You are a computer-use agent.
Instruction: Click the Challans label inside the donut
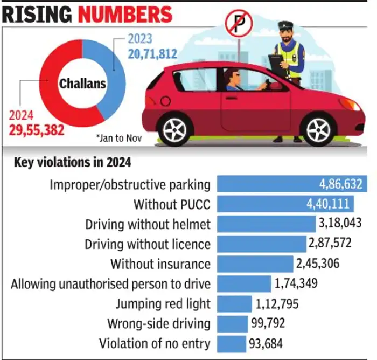(x=82, y=84)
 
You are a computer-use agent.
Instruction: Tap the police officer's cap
(x=285, y=25)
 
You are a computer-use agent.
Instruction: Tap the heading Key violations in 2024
(x=72, y=163)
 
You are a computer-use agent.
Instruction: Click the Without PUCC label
(x=172, y=204)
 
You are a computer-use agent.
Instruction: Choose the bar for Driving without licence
(x=261, y=244)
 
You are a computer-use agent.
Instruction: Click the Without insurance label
(x=160, y=264)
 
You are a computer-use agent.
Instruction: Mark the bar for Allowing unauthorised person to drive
(x=244, y=283)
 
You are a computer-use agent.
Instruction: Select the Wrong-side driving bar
(x=231, y=323)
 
